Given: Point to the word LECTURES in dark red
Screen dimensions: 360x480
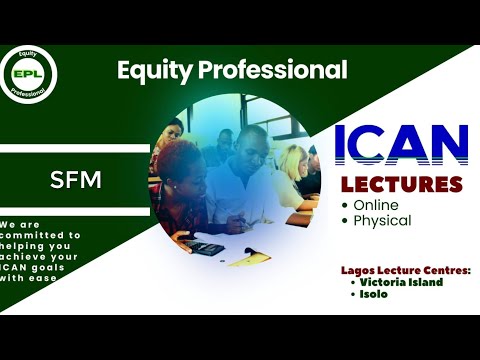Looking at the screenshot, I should pyautogui.click(x=401, y=184).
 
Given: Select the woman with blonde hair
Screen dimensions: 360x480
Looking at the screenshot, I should pyautogui.click(x=293, y=170).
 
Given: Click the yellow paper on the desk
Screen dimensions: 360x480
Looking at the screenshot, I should pyautogui.click(x=247, y=258).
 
